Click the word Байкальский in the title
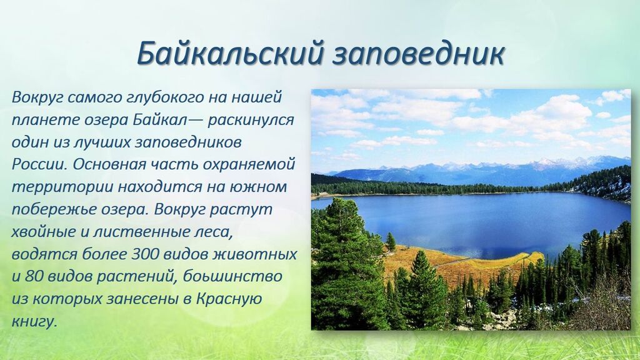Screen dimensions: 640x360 [230, 54]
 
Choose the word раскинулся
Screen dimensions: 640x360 [251, 121]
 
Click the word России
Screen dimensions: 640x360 [39, 165]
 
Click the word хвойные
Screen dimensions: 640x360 [44, 232]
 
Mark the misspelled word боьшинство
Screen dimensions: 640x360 [232, 276]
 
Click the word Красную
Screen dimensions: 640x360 [229, 299]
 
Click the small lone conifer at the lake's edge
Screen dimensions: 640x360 [391, 242]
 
